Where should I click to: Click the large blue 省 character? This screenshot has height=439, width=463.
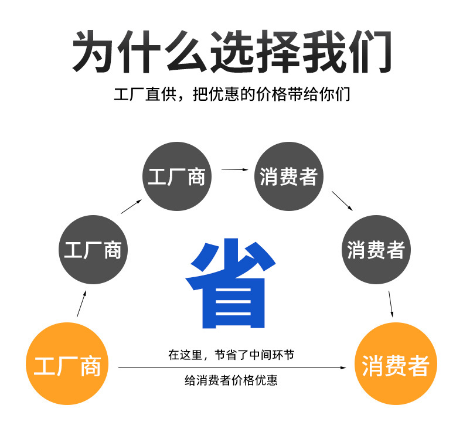point(230,283)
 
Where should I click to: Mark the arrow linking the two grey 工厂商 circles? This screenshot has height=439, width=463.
point(132,206)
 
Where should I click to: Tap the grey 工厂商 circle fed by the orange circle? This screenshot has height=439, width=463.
point(93,250)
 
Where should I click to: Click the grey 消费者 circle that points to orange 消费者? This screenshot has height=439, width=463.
point(376,250)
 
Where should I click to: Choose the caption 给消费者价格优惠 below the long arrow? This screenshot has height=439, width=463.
point(231,381)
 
